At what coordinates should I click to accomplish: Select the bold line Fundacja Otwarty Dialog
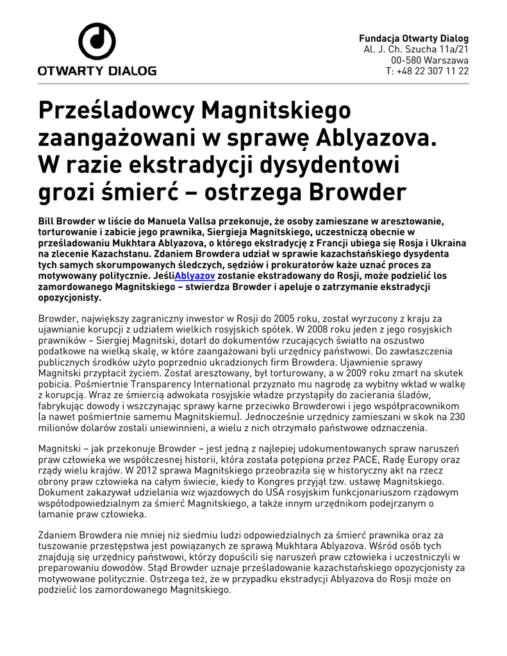[413, 38]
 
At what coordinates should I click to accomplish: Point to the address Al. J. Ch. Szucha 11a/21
[416, 49]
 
